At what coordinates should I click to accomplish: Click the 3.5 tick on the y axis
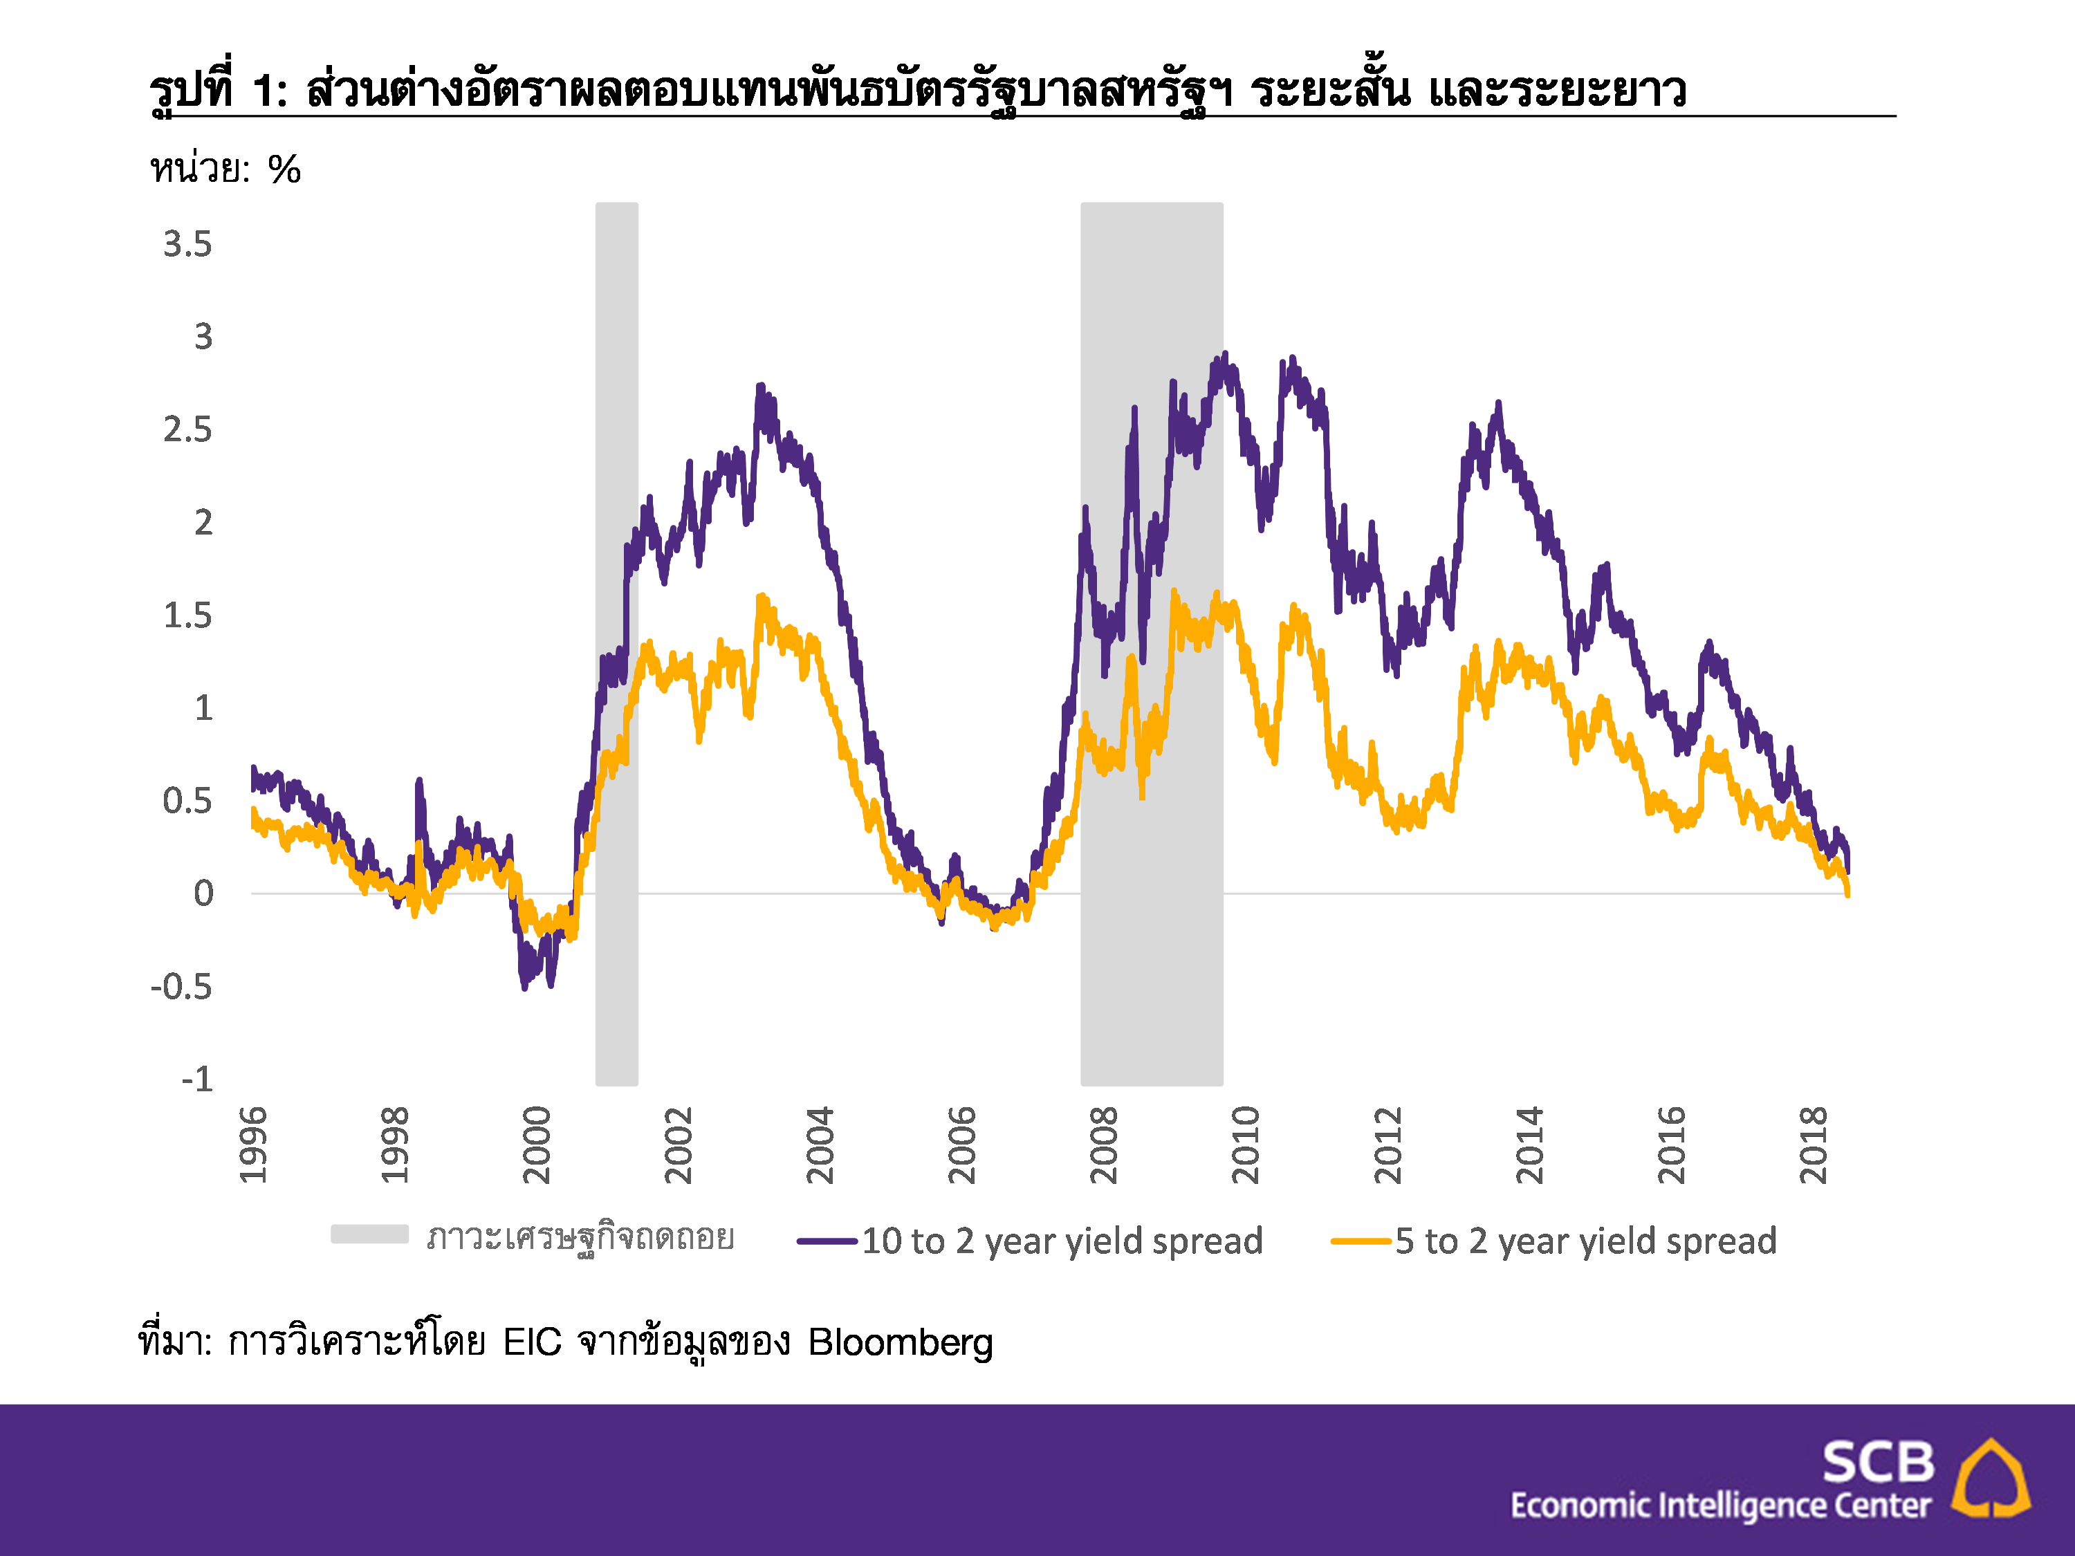click(187, 245)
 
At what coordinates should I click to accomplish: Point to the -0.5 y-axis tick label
click(182, 987)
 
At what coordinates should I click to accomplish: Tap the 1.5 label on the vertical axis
click(187, 616)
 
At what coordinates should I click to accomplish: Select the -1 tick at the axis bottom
click(197, 1080)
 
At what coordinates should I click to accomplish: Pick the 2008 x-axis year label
click(1104, 1145)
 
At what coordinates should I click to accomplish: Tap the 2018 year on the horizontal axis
click(1814, 1145)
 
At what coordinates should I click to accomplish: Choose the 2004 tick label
click(820, 1145)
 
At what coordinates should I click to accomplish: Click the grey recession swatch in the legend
click(369, 1234)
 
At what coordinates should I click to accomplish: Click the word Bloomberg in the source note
click(900, 1342)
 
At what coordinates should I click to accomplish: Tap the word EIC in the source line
click(532, 1342)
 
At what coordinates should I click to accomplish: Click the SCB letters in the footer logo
click(1878, 1462)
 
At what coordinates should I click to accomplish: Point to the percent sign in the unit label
click(284, 169)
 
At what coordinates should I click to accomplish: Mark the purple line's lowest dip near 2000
click(524, 988)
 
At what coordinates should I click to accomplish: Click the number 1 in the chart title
click(264, 91)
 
